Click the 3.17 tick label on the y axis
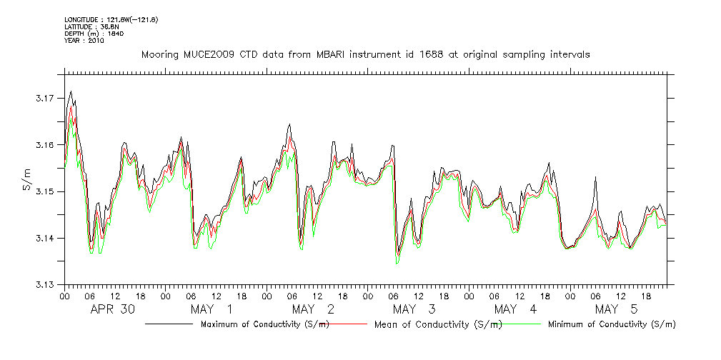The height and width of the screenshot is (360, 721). click(x=44, y=98)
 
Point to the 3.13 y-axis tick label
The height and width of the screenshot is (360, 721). click(x=44, y=285)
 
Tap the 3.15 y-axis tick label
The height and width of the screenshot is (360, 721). click(x=44, y=191)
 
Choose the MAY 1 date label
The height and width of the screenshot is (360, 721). click(x=212, y=309)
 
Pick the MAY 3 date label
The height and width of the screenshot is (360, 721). click(x=414, y=309)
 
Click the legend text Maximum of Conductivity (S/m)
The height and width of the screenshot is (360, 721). click(x=265, y=324)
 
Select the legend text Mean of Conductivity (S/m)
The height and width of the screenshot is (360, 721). click(x=438, y=324)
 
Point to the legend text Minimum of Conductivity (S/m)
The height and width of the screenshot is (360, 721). click(x=612, y=324)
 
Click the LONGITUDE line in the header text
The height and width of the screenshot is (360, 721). click(x=111, y=19)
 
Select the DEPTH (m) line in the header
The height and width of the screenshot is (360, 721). click(x=84, y=34)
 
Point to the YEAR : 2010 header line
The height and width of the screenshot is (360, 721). click(x=84, y=41)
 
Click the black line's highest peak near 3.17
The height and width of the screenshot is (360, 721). click(x=71, y=91)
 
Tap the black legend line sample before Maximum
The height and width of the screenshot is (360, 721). click(x=169, y=324)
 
